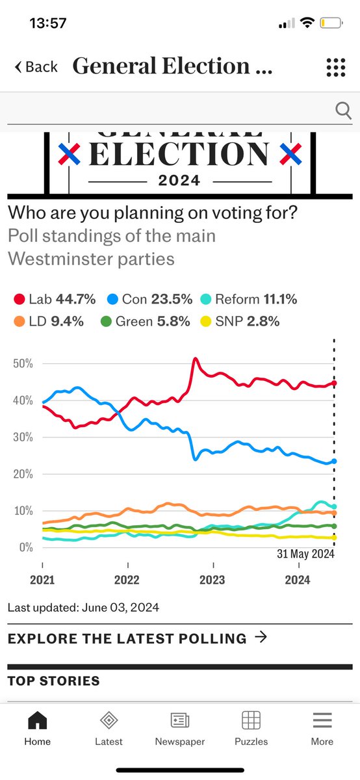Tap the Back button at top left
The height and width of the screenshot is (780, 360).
click(36, 67)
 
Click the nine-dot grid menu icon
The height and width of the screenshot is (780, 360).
click(335, 67)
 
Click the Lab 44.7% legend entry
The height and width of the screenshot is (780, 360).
click(55, 299)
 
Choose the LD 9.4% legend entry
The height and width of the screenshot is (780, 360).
click(48, 321)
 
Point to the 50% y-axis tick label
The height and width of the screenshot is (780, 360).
click(23, 363)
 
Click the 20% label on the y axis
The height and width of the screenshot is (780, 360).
click(23, 474)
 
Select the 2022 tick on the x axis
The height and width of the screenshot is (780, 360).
click(127, 579)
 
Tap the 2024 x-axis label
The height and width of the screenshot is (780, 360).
click(298, 579)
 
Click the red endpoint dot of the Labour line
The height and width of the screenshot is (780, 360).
click(334, 383)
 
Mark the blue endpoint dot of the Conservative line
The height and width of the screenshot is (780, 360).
click(334, 461)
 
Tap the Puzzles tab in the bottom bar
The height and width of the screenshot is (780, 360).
click(251, 728)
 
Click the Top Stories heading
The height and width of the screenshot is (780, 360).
click(54, 681)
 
